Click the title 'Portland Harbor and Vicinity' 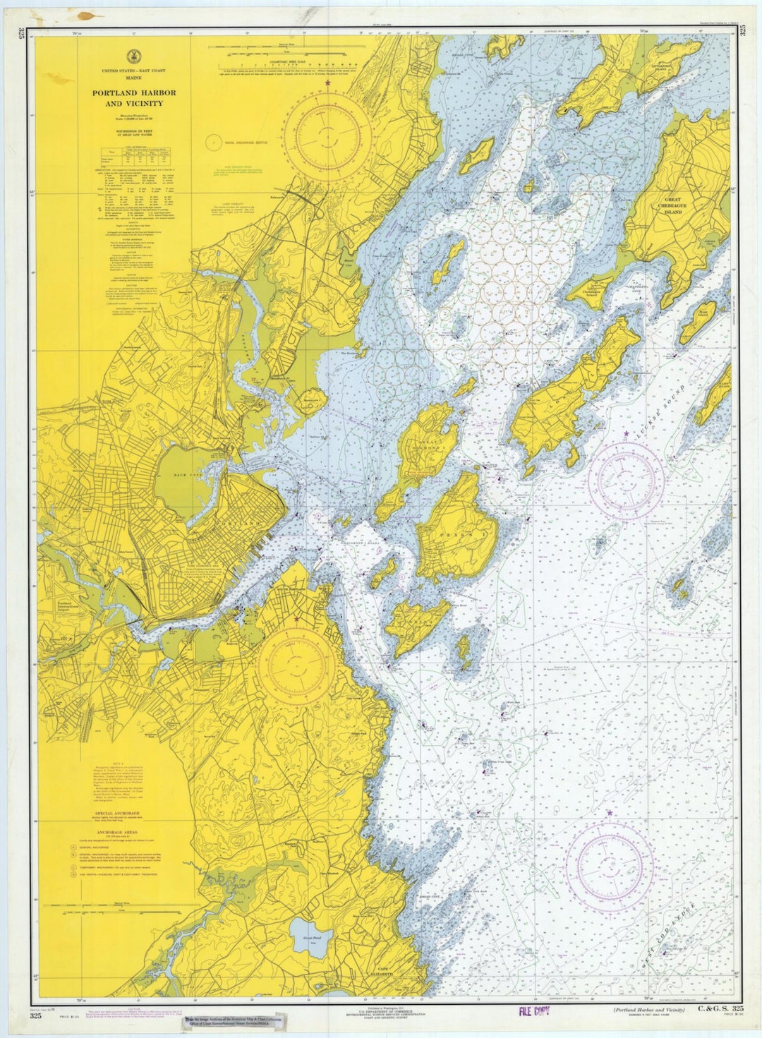(x=133, y=98)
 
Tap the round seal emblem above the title (x=133, y=57)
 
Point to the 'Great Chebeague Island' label (x=672, y=206)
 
